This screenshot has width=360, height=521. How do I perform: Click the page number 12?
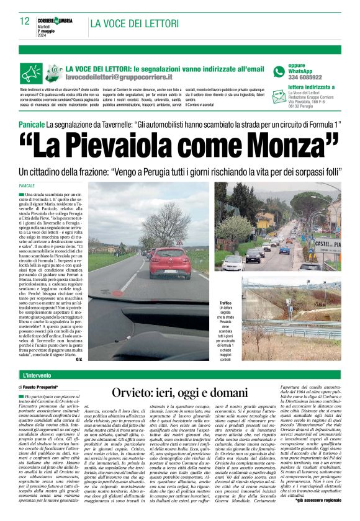pyautogui.click(x=25, y=21)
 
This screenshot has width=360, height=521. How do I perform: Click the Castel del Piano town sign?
pyautogui.click(x=328, y=244)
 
